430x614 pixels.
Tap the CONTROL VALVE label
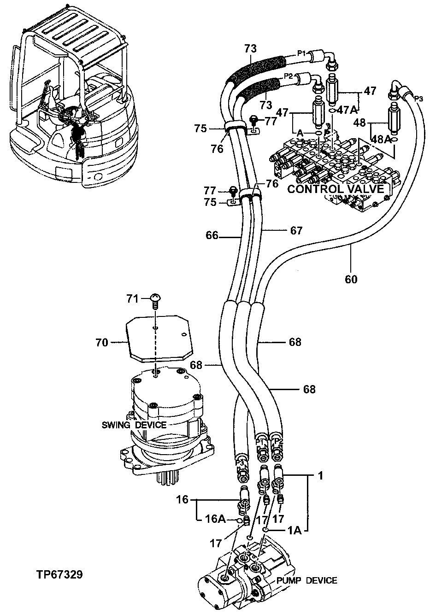pos(335,189)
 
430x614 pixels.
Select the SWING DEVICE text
pos(134,424)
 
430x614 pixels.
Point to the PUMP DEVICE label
pos(306,580)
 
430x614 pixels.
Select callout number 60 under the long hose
pos(350,279)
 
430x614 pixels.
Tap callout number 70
pos(102,342)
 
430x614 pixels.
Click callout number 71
pos(133,299)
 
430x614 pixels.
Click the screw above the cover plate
pos(155,300)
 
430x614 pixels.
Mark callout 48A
pos(382,139)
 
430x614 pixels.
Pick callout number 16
pos(183,499)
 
